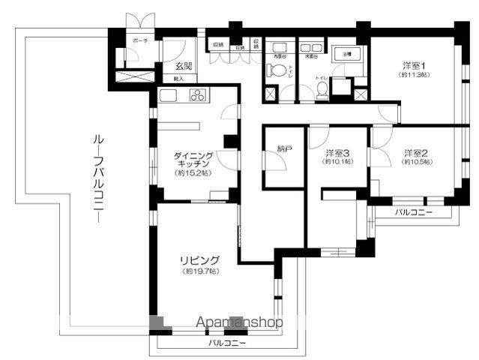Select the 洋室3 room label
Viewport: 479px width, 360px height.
click(x=337, y=153)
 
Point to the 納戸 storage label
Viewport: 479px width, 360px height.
click(x=284, y=149)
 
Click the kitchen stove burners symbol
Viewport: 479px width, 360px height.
click(x=198, y=95)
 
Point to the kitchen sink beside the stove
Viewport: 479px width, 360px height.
click(x=166, y=95)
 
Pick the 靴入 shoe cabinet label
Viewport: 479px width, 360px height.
click(x=179, y=78)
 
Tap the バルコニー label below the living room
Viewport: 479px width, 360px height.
click(x=226, y=343)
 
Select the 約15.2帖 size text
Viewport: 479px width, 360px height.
click(x=192, y=173)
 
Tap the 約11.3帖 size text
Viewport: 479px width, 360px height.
click(x=414, y=76)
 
